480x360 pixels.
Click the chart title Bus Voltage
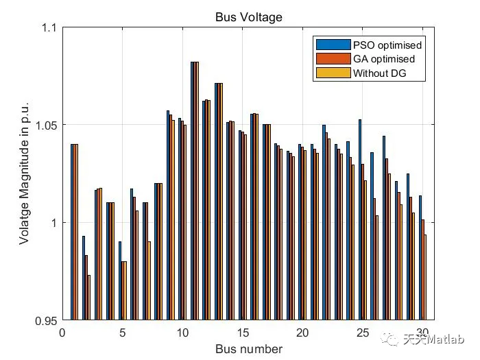point(248,16)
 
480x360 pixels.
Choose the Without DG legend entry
point(380,73)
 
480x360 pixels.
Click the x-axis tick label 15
point(242,333)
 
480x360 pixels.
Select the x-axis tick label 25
point(362,333)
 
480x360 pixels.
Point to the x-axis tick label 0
point(62,333)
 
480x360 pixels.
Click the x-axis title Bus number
point(248,349)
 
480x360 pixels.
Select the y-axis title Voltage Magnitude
point(25,174)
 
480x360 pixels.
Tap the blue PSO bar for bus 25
point(360,219)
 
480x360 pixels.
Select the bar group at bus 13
point(219,202)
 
